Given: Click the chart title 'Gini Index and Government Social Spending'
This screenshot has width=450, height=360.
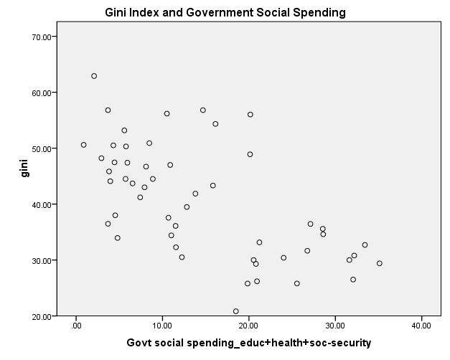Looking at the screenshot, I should (225, 12).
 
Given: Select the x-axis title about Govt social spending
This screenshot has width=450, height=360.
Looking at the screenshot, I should (248, 343).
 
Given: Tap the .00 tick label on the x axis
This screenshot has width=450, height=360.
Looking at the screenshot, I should (76, 326).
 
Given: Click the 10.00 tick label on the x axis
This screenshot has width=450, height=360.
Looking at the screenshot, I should (163, 326).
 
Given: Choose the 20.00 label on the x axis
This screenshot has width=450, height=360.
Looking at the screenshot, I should (249, 326).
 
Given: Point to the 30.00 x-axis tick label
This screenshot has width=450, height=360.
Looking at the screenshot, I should (335, 326).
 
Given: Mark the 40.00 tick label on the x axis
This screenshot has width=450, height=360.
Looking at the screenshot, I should (421, 326).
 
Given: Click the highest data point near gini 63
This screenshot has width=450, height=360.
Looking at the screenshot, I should (94, 76).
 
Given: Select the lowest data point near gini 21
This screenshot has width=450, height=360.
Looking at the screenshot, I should (235, 311).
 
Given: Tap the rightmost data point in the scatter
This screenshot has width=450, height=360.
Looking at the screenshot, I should (380, 263).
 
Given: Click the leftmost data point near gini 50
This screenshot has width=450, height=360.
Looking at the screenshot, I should (83, 145).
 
